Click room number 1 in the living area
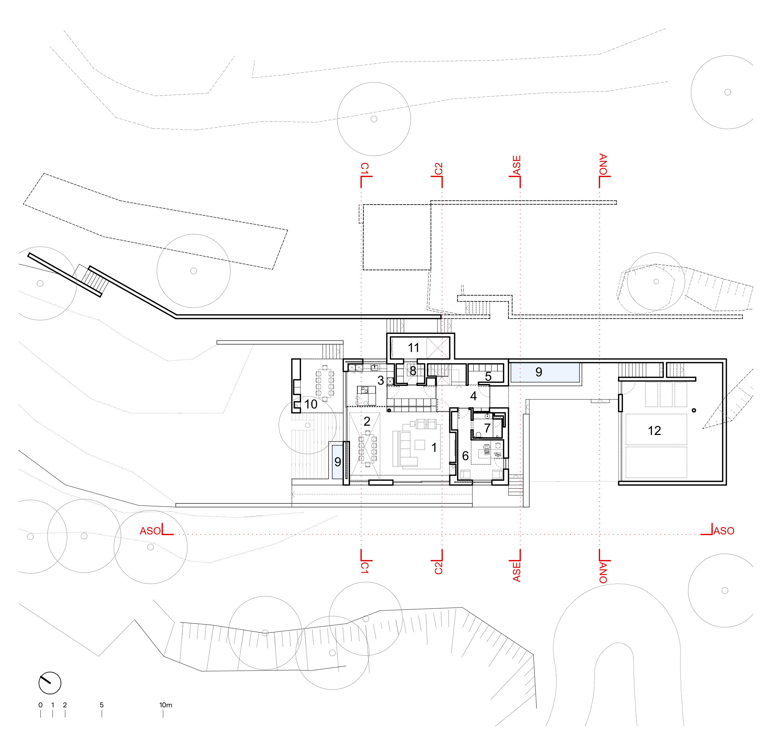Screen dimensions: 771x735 click(434, 447)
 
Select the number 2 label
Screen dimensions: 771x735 click(367, 421)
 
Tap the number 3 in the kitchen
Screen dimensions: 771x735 click(381, 380)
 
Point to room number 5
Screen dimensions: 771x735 click(488, 377)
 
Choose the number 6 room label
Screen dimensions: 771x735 click(465, 456)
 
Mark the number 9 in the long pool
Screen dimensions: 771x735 click(539, 372)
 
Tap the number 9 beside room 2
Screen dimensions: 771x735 click(338, 462)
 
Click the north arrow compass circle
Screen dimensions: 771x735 click(50, 682)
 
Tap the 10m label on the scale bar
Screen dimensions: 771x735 click(166, 705)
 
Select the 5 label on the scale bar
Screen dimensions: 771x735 click(101, 705)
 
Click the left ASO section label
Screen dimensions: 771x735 click(150, 531)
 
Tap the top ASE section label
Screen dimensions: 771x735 click(517, 165)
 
